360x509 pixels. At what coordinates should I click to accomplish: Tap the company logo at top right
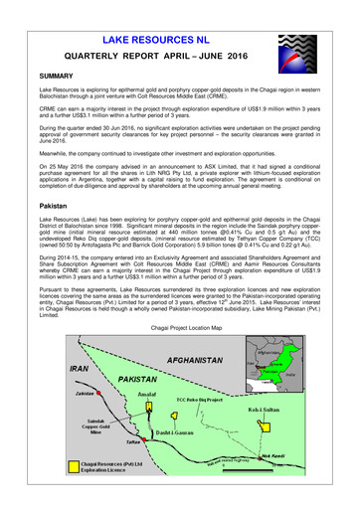(x=302, y=49)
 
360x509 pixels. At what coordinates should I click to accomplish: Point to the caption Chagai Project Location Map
(x=179, y=326)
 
